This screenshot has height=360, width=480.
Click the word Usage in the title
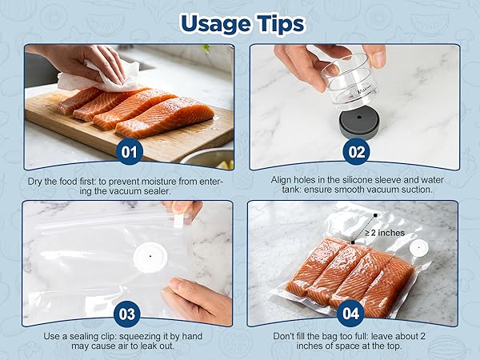tap(216, 24)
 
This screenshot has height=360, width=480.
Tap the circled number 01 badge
tap(129, 151)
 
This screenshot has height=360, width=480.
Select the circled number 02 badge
tap(356, 151)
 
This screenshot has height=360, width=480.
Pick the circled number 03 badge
tap(126, 314)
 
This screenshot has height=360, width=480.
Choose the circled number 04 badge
tap(350, 314)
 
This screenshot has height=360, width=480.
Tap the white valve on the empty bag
tap(150, 257)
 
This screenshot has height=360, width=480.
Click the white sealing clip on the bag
tap(178, 222)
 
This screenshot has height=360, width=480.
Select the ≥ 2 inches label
tap(385, 233)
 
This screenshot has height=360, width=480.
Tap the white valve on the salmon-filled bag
tap(418, 247)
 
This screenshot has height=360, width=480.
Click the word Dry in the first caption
tap(34, 182)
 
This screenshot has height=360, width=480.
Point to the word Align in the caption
tap(281, 180)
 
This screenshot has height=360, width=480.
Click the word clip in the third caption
tap(110, 337)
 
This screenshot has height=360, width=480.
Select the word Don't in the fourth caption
tap(282, 336)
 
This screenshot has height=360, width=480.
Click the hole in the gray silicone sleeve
tap(360, 118)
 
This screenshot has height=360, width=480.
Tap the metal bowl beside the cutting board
tap(208, 158)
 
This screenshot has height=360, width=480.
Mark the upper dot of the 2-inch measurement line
tap(375, 215)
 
